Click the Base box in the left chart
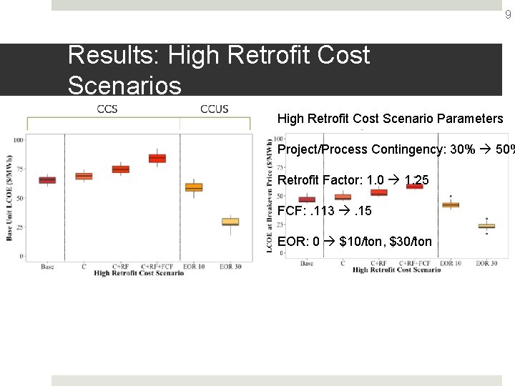tap(47, 179)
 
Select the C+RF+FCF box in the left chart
tap(157, 158)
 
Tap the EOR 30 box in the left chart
tap(230, 222)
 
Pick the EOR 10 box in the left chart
tap(194, 187)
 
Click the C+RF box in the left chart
tap(121, 169)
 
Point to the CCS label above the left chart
tap(107, 109)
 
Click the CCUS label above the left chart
tap(214, 109)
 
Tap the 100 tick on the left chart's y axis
tap(18, 139)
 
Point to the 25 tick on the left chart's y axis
tap(19, 227)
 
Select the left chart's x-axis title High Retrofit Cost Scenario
tap(138, 273)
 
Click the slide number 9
tap(508, 14)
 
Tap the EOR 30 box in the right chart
tap(486, 226)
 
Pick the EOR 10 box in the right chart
tap(451, 204)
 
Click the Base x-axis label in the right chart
tap(307, 263)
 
